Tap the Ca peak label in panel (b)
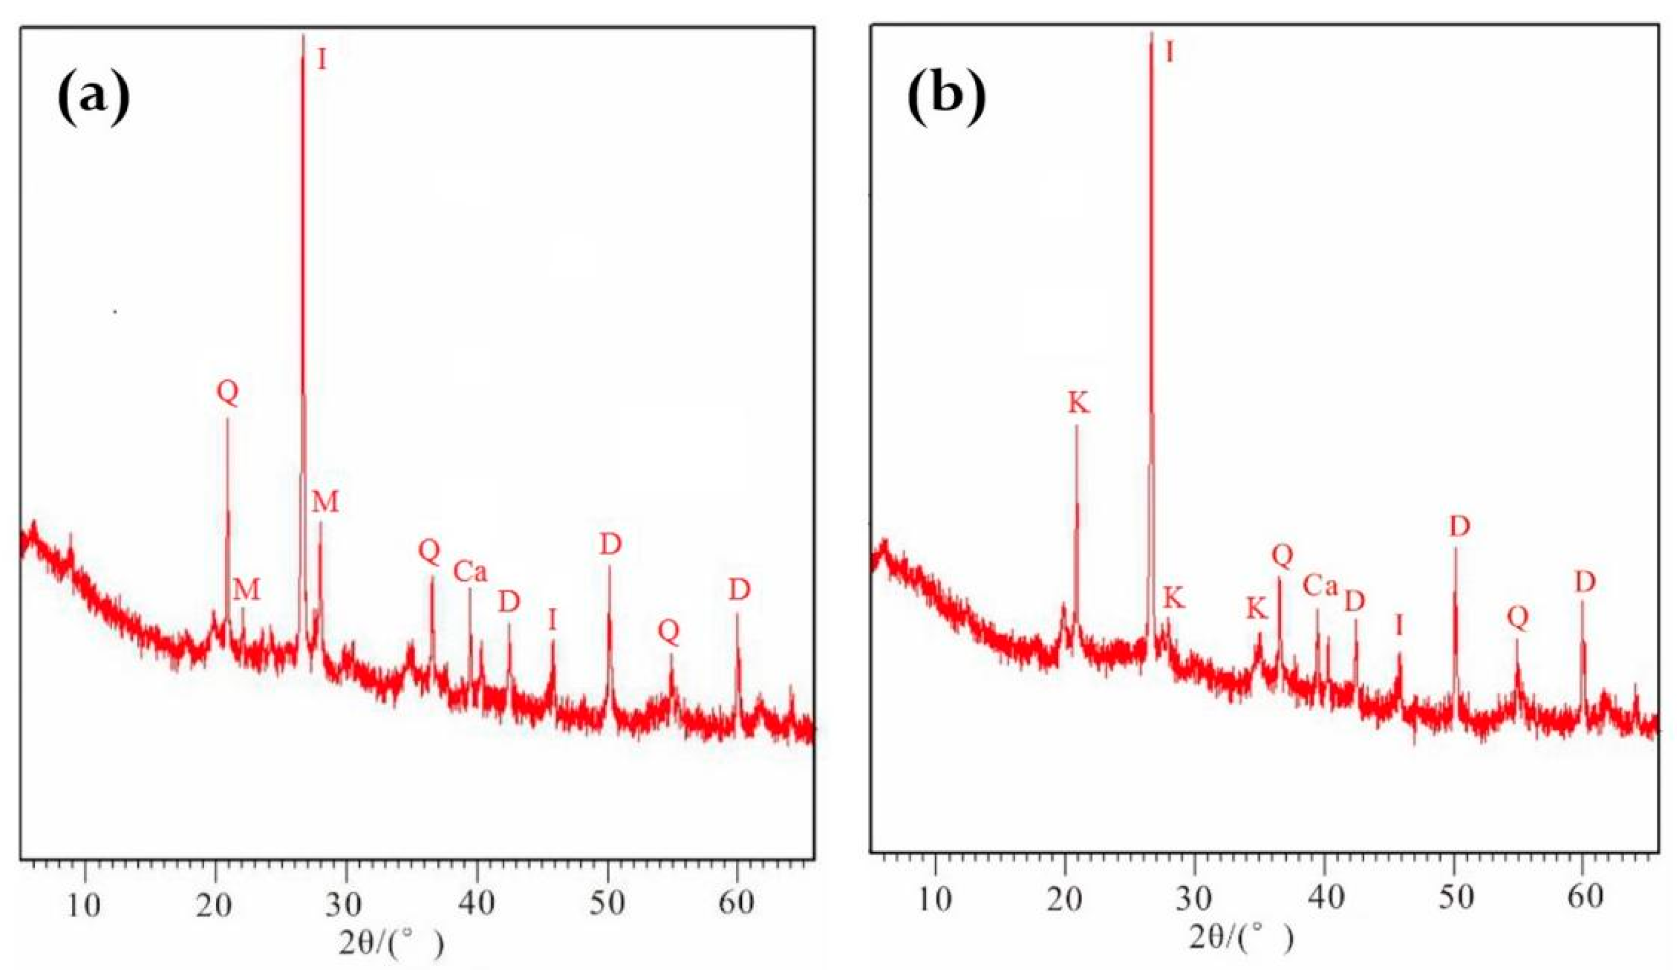coord(1320,586)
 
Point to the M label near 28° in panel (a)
coord(325,502)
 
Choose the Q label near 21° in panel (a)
coord(228,393)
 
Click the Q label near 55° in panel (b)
coord(1518,618)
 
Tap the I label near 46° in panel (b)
coord(1399,625)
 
